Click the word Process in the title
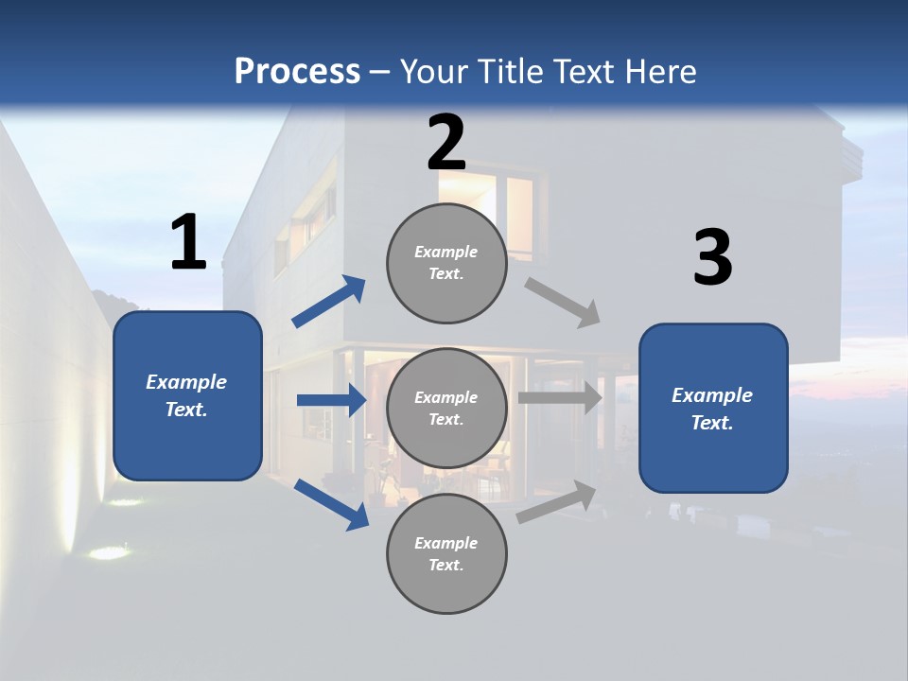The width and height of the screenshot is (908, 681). click(x=297, y=72)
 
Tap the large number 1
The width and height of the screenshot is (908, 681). click(x=188, y=243)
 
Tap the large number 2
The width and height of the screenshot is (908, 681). click(x=446, y=143)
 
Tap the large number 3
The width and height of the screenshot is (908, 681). click(x=712, y=258)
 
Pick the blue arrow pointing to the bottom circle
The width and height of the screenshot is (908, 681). click(x=332, y=504)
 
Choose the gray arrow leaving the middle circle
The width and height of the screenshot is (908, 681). click(x=560, y=397)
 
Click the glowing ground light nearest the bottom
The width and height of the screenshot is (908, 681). click(x=109, y=552)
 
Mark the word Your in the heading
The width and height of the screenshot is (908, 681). click(x=435, y=72)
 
